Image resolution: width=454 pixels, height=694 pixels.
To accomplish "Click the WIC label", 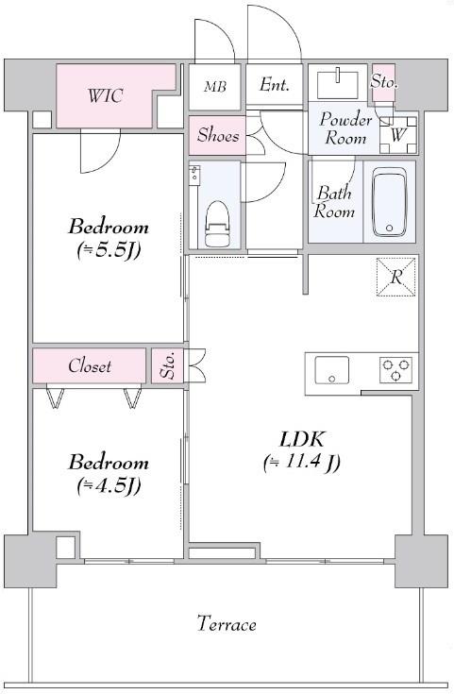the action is pos(105,95).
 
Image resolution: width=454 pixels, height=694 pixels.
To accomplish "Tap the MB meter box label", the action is pos(215,86).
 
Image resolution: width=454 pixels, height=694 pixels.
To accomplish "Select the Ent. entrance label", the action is pos(275,84).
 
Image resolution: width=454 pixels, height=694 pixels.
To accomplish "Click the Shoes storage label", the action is pos(218,135).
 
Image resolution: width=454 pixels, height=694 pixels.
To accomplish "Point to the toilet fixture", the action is pos(217,224).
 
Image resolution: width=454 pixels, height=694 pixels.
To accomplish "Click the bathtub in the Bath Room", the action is pos(389,202).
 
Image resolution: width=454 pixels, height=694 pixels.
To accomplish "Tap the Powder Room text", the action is pos(345,128).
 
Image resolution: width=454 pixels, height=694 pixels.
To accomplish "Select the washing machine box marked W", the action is pos(397,135).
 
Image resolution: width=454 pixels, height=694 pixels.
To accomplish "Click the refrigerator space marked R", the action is pos(396,277).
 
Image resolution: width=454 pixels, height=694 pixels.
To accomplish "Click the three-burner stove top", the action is pos(395,370).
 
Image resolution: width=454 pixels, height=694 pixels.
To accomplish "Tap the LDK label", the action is pos(302,439).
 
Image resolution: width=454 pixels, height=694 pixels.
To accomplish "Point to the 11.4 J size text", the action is pos(302,463).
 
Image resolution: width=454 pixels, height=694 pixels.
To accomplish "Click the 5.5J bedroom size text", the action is pos(109,250).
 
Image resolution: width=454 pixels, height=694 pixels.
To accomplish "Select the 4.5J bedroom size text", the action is pos(109,486).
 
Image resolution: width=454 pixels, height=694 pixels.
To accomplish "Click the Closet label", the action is pos(90,365).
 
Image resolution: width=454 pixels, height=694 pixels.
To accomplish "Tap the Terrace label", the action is pos(227,624).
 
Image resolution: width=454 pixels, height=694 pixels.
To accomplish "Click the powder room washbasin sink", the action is pos(338,83).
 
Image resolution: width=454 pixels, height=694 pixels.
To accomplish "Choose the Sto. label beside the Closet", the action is pos(167,365).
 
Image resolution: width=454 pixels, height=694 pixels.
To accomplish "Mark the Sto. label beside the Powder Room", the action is pos(383,81).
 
